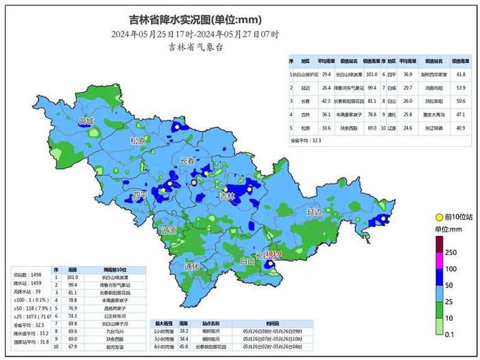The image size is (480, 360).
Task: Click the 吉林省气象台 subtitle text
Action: tap(195, 47)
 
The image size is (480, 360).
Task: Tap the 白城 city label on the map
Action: tap(86, 121)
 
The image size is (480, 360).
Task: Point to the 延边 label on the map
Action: tap(314, 213)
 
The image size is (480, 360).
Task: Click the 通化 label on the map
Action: tap(191, 265)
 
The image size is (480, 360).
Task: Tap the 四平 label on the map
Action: tap(140, 195)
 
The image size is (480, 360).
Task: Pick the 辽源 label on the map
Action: tap(169, 230)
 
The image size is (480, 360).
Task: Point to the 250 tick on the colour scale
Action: tap(450, 252)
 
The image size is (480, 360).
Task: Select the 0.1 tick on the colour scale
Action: tap(450, 335)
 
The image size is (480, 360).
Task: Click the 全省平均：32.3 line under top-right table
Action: tap(307, 140)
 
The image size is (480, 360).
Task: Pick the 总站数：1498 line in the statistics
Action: tap(25, 274)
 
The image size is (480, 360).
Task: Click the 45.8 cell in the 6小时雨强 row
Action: tap(184, 346)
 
